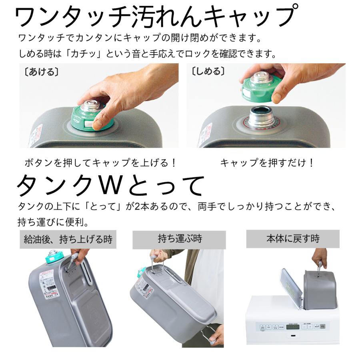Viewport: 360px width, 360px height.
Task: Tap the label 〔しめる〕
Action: coord(207,72)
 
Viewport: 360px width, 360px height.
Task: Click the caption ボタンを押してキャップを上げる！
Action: coord(100,163)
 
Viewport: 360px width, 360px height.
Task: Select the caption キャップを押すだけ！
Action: coord(267,163)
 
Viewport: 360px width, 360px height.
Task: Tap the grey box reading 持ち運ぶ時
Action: coord(179,240)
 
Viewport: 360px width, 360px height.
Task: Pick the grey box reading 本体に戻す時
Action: coord(293,240)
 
